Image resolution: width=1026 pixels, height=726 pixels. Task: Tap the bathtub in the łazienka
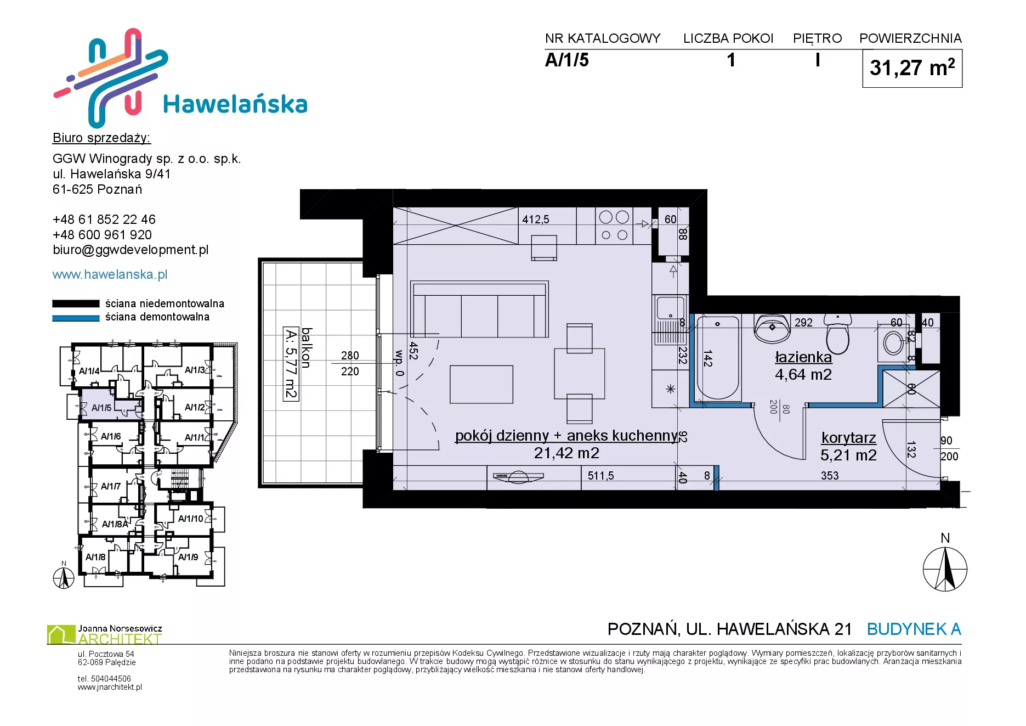tap(718, 357)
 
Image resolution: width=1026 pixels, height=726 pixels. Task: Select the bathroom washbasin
tap(772, 328)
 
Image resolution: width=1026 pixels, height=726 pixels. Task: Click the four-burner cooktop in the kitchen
tap(614, 226)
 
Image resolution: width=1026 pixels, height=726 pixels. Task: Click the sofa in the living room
tap(480, 309)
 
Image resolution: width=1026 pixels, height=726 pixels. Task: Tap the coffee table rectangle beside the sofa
tap(481, 384)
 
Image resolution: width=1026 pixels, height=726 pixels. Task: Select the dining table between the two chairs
tap(580, 373)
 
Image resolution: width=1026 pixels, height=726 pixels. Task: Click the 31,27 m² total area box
tap(912, 68)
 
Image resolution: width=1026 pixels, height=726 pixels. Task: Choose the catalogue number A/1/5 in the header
tap(566, 60)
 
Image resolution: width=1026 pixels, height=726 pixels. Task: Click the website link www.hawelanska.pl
tap(110, 274)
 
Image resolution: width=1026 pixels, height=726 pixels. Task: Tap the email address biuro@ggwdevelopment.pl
tap(131, 250)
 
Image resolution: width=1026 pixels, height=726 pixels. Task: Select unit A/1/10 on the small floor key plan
tap(190, 519)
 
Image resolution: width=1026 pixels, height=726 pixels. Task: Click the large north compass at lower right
tap(945, 569)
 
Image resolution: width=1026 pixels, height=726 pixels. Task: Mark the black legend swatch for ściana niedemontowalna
tap(76, 303)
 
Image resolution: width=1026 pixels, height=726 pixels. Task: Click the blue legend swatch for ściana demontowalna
tap(76, 318)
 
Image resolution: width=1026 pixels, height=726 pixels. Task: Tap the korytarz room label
tap(848, 438)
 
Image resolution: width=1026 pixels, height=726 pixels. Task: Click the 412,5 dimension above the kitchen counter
tap(535, 220)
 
